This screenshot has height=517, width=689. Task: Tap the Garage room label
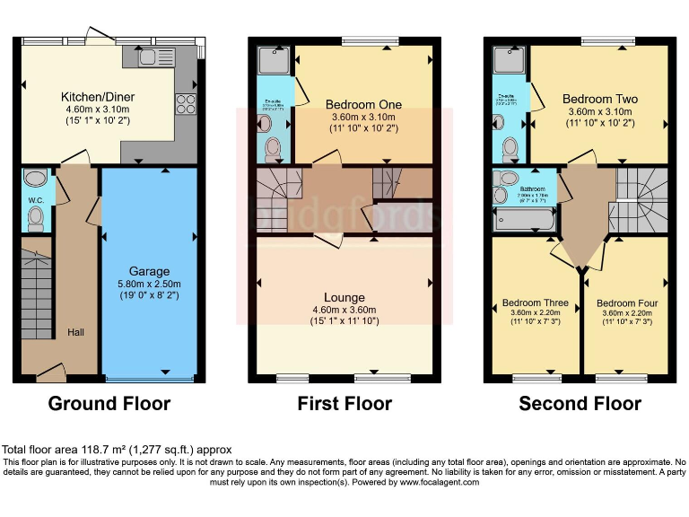pyautogui.click(x=149, y=271)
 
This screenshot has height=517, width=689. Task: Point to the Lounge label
pyautogui.click(x=344, y=297)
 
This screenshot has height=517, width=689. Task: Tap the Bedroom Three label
pyautogui.click(x=535, y=302)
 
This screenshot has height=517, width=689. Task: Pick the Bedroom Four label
pyautogui.click(x=627, y=303)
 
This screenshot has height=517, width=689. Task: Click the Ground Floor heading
pyautogui.click(x=109, y=404)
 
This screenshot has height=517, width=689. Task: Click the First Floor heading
pyautogui.click(x=344, y=404)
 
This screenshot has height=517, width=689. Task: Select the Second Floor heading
pyautogui.click(x=580, y=404)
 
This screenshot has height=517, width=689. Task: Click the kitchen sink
pyautogui.click(x=143, y=57)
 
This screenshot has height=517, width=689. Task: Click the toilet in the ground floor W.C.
pyautogui.click(x=37, y=216)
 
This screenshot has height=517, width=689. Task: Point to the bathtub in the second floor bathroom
pyautogui.click(x=520, y=216)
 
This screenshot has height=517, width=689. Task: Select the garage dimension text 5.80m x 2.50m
pyautogui.click(x=149, y=285)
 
